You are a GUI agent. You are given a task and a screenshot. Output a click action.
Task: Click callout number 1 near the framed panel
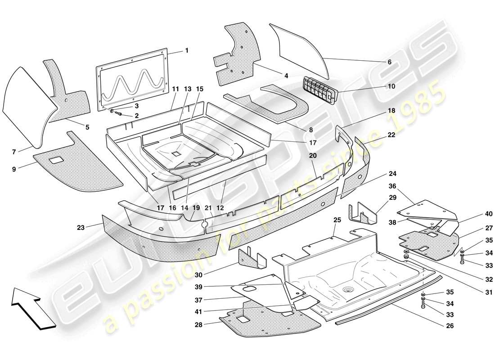click(x=186, y=51)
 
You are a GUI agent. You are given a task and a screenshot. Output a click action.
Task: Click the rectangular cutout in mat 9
click(x=58, y=159)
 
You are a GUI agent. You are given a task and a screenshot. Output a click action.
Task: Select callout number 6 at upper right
click(x=389, y=62)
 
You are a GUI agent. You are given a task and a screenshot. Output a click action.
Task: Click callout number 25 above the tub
click(x=337, y=220)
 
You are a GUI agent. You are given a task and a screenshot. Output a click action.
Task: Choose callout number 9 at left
click(x=14, y=169)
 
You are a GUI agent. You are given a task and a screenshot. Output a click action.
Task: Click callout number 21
click(x=207, y=208)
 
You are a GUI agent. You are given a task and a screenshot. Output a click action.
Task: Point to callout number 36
click(x=392, y=186)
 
